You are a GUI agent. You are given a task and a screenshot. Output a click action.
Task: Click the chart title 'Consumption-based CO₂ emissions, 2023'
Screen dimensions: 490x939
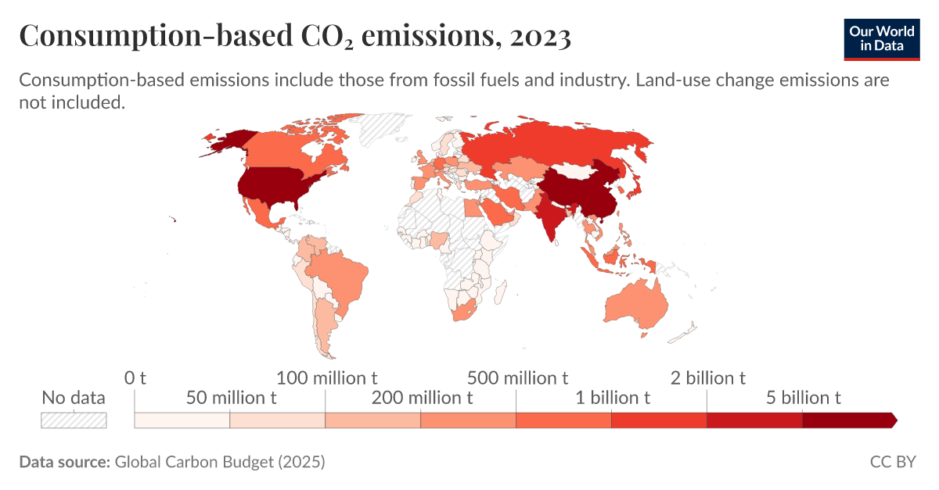click(294, 37)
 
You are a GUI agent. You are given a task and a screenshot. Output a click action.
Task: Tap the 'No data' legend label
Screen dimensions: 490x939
click(73, 398)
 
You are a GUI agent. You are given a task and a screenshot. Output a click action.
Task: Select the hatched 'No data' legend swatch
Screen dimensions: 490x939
click(74, 420)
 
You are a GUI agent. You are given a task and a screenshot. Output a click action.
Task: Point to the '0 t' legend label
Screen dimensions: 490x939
click(135, 378)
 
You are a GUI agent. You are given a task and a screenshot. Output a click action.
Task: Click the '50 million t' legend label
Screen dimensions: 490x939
click(230, 398)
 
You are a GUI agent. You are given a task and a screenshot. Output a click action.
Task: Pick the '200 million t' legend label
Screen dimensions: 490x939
click(421, 398)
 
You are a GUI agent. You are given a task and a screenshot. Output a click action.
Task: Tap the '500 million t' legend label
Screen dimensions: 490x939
click(516, 378)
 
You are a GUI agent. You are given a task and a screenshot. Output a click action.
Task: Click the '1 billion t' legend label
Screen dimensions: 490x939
click(612, 398)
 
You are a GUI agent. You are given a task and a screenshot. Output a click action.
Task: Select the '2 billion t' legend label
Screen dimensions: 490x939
click(707, 378)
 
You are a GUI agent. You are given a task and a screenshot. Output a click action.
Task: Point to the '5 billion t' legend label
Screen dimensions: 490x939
click(803, 398)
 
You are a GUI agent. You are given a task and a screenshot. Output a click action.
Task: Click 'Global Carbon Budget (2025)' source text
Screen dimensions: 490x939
click(219, 462)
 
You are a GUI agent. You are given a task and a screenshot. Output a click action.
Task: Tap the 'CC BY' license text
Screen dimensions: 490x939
click(892, 462)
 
